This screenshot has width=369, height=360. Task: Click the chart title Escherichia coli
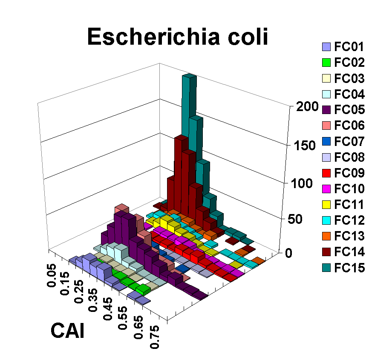pyautogui.click(x=178, y=37)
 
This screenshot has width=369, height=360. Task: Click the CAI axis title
pyautogui.click(x=67, y=330)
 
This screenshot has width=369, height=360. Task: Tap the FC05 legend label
pyautogui.click(x=349, y=110)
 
